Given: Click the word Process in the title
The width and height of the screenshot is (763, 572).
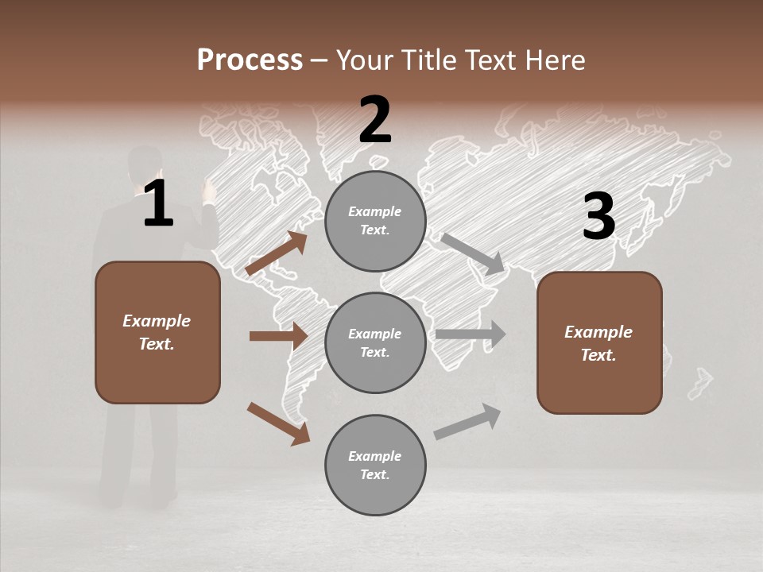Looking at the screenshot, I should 250,60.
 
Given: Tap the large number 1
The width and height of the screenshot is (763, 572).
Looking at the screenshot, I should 158,204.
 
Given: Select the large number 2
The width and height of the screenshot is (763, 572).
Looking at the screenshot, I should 375,120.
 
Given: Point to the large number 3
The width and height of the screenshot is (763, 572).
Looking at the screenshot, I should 598,216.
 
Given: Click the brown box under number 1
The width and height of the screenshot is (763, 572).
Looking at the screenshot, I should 157,332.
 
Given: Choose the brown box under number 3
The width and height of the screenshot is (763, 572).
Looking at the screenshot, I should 599,342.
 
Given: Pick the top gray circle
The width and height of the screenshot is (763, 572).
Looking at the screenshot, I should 375,221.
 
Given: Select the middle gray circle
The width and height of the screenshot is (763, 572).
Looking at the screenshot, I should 375,342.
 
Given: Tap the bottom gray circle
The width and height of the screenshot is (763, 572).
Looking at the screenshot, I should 375,465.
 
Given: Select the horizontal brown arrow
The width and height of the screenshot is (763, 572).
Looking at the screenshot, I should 278,336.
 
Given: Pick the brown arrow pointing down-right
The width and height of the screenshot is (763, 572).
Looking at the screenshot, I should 278,423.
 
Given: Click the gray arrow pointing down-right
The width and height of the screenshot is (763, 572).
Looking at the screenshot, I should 472,253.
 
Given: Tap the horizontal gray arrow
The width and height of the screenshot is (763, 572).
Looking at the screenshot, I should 470,334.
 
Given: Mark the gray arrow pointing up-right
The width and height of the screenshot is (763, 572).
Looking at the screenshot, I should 467,421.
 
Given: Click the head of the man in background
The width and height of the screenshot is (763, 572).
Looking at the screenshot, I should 145,163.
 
